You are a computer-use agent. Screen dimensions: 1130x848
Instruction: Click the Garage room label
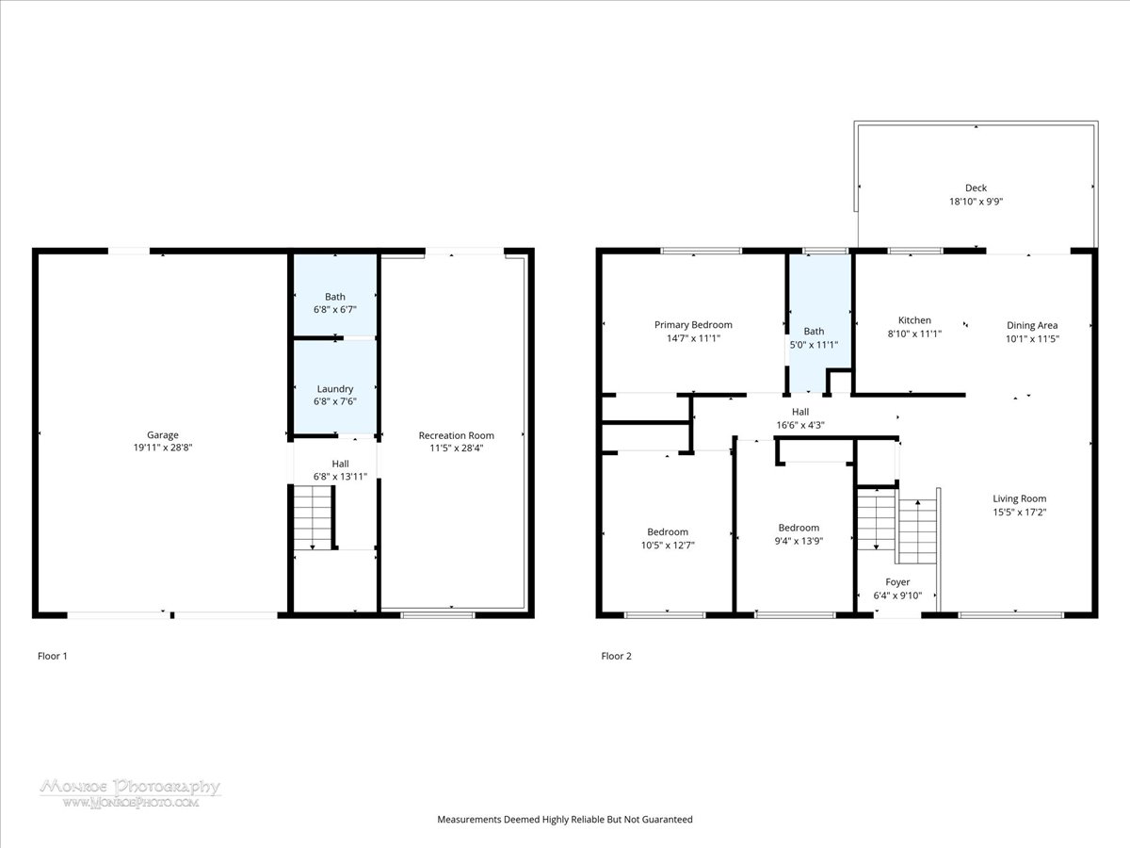pyautogui.click(x=163, y=435)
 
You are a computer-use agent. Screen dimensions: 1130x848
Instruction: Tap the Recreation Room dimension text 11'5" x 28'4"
pyautogui.click(x=456, y=448)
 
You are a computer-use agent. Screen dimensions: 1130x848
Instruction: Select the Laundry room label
pyautogui.click(x=335, y=389)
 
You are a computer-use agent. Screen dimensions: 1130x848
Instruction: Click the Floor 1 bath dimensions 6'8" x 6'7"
pyautogui.click(x=335, y=309)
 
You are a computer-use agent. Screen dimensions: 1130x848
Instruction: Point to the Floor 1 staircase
pyautogui.click(x=313, y=517)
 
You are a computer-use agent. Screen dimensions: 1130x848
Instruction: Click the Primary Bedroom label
pyautogui.click(x=693, y=325)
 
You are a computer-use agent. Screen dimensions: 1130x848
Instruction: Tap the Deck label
pyautogui.click(x=977, y=188)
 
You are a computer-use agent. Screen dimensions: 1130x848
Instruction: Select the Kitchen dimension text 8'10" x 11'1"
pyautogui.click(x=914, y=334)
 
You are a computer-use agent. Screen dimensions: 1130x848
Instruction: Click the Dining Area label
pyautogui.click(x=1032, y=325)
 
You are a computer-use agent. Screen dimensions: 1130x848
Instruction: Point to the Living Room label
pyautogui.click(x=1019, y=498)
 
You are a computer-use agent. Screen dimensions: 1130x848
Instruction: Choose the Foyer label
pyautogui.click(x=897, y=581)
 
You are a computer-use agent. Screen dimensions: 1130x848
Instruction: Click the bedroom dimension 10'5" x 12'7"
pyautogui.click(x=668, y=546)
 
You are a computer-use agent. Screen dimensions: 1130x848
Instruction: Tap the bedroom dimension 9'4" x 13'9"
pyautogui.click(x=799, y=541)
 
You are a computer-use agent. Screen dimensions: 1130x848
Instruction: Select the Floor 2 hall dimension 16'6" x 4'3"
pyautogui.click(x=800, y=425)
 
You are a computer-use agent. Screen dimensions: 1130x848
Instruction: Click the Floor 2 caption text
pyautogui.click(x=616, y=656)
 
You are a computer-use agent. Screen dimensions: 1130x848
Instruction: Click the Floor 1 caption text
pyautogui.click(x=52, y=656)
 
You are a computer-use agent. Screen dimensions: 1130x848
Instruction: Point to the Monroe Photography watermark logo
pyautogui.click(x=131, y=793)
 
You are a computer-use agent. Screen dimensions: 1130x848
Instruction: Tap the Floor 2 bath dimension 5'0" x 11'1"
pyautogui.click(x=814, y=345)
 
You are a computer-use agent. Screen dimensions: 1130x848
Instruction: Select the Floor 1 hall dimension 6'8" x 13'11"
pyautogui.click(x=340, y=477)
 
